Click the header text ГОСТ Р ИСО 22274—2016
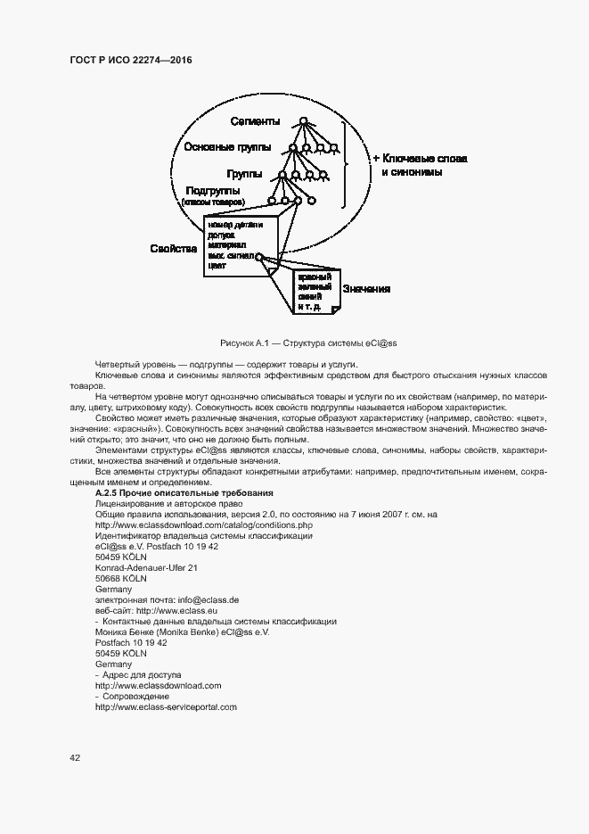131,60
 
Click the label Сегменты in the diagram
255,121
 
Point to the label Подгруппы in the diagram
212,191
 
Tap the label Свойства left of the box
173,249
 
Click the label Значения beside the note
366,290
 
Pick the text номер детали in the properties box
233,225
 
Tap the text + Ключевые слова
419,157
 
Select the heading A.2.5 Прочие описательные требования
184,493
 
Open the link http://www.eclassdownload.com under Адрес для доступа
158,686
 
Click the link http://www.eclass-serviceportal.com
166,707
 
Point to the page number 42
75,758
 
